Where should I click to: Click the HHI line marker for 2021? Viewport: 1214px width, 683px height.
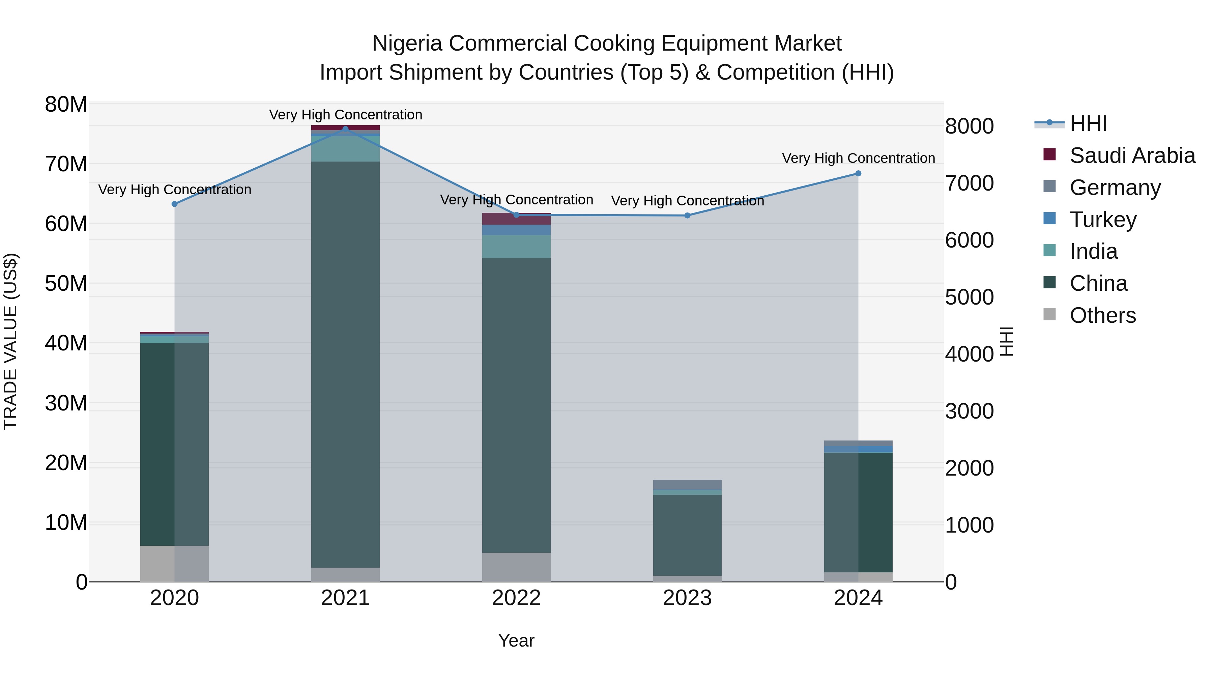pyautogui.click(x=345, y=129)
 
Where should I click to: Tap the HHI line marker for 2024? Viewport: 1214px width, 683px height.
pyautogui.click(x=858, y=173)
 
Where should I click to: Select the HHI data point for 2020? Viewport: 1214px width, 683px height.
pyautogui.click(x=174, y=204)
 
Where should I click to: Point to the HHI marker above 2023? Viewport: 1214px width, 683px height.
pyautogui.click(x=687, y=216)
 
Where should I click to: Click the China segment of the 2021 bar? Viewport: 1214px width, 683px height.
pyautogui.click(x=345, y=363)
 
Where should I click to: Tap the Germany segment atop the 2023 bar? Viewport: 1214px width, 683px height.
pyautogui.click(x=687, y=485)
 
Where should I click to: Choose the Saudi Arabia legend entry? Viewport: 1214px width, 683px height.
pyautogui.click(x=1132, y=155)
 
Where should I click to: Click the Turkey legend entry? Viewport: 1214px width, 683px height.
pyautogui.click(x=1103, y=220)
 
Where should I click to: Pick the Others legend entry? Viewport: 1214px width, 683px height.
pyautogui.click(x=1102, y=315)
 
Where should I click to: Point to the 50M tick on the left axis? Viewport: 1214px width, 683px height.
pyautogui.click(x=66, y=284)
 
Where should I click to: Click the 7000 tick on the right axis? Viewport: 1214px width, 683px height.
pyautogui.click(x=970, y=183)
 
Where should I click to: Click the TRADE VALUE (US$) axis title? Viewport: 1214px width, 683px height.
pyautogui.click(x=11, y=341)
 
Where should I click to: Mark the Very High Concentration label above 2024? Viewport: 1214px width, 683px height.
pyautogui.click(x=858, y=159)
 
